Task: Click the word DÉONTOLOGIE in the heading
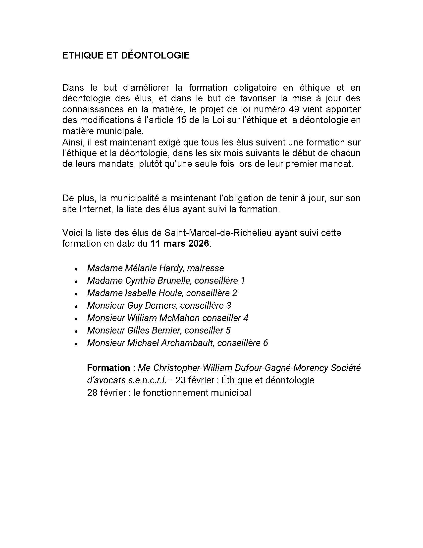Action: pyautogui.click(x=155, y=56)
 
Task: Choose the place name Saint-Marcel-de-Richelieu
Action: pyautogui.click(x=218, y=233)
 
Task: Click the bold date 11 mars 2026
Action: pyautogui.click(x=179, y=243)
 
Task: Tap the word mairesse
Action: pyautogui.click(x=205, y=268)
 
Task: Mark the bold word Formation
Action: pyautogui.click(x=108, y=368)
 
